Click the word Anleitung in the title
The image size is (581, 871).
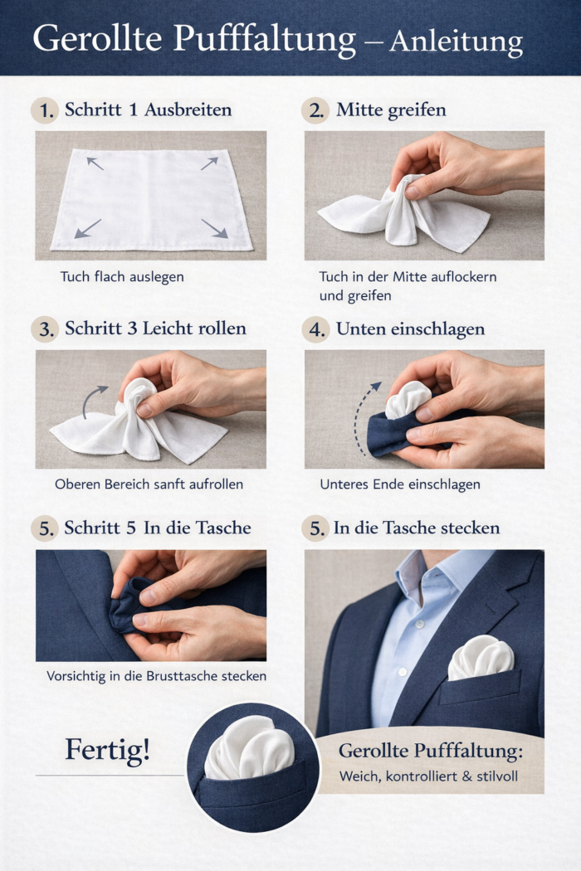[x=456, y=41]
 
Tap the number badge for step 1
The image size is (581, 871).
[x=45, y=110]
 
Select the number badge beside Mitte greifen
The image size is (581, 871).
[x=315, y=110]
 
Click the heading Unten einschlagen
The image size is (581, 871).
[x=410, y=328]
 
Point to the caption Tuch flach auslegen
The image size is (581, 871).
[x=122, y=276]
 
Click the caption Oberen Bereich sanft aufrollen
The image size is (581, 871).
[x=149, y=484]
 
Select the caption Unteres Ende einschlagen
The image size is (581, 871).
[x=400, y=484]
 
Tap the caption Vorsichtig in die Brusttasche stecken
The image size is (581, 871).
[x=156, y=676]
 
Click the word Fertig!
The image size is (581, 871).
[x=107, y=749]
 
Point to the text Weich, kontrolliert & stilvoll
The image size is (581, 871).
[x=428, y=776]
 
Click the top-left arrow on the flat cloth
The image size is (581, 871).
[x=95, y=163]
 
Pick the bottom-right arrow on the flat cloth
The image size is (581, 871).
[x=215, y=228]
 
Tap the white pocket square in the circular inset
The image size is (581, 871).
[x=249, y=747]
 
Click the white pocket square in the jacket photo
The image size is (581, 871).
[x=481, y=658]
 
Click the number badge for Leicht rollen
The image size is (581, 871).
[x=45, y=328]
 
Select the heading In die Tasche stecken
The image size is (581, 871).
[x=417, y=528]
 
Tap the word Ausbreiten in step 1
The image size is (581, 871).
[x=188, y=109]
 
